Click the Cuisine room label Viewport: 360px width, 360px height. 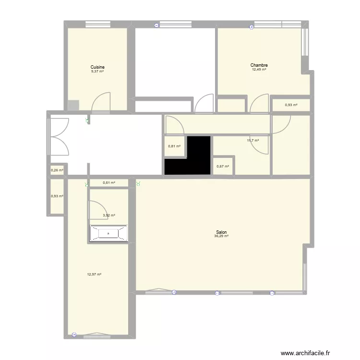click(97, 67)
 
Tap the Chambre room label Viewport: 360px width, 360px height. click(259, 65)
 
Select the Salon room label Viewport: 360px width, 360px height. click(221, 232)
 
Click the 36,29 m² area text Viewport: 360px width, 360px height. click(221, 236)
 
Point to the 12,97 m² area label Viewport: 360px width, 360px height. click(94, 275)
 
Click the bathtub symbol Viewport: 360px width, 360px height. click(108, 233)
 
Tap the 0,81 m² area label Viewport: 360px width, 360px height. click(174, 146)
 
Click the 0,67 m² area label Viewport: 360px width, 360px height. click(223, 167)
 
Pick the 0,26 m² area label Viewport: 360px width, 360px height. click(57, 170)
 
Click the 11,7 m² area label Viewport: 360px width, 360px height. click(253, 141)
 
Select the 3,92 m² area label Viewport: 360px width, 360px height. click(109, 216)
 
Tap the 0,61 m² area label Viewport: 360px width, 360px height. click(109, 183)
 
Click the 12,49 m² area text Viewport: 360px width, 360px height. click(259, 70)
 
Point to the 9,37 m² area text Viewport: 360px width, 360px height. click(97, 72)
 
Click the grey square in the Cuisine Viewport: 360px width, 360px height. click(73, 106)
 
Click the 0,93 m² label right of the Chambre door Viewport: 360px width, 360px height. click(291, 105)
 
